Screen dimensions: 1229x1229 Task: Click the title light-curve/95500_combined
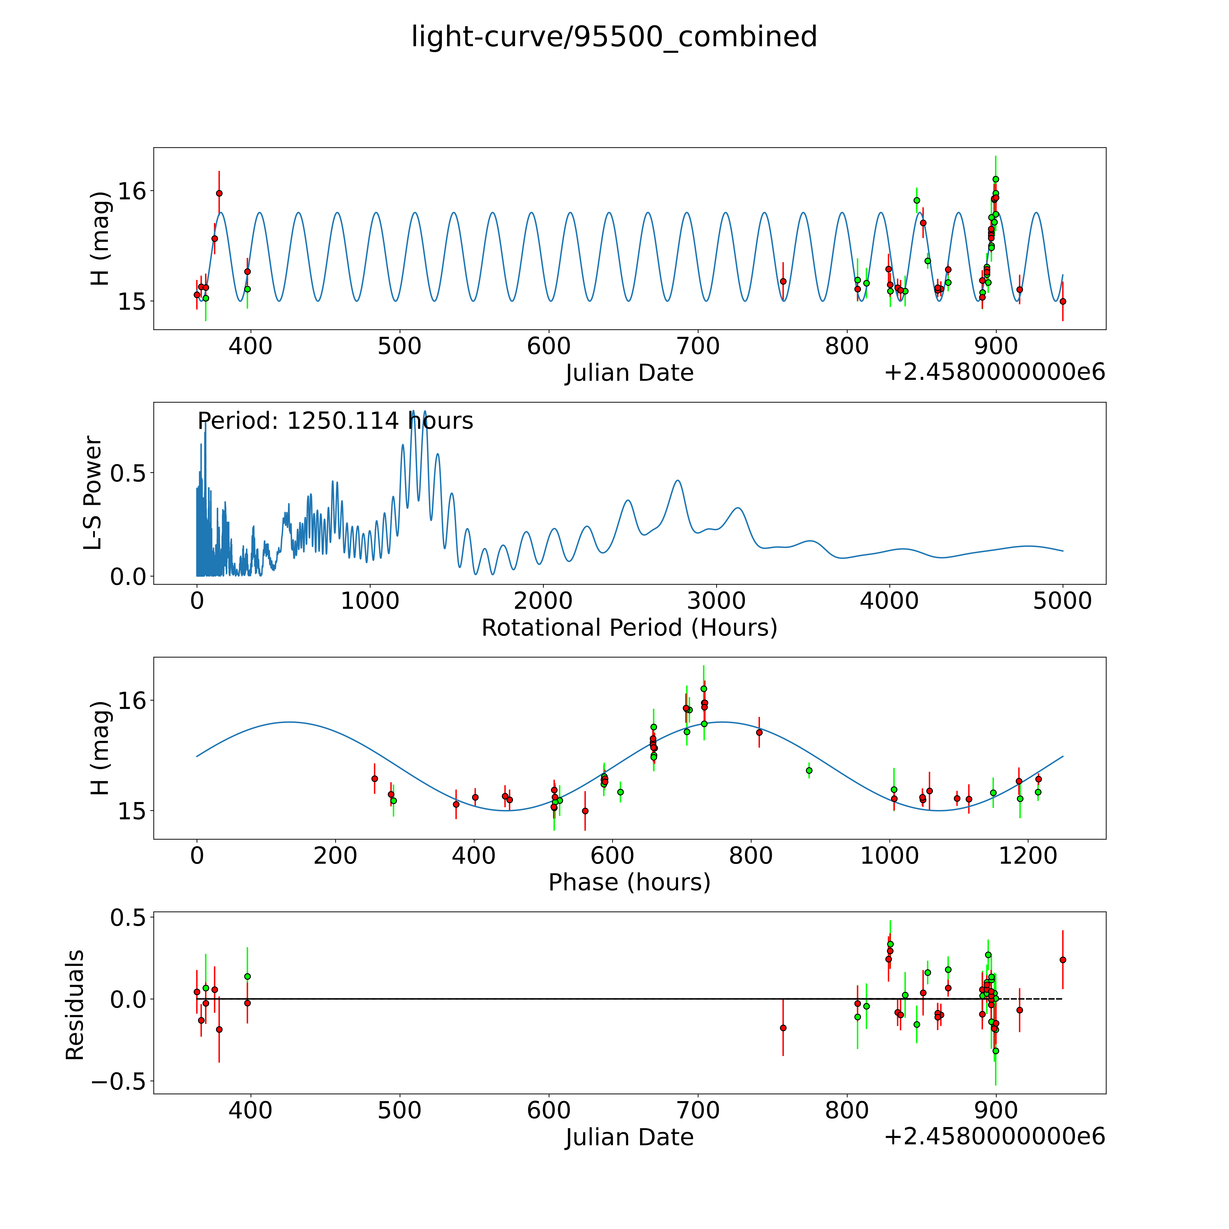(x=614, y=37)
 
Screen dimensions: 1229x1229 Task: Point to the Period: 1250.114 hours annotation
(x=335, y=421)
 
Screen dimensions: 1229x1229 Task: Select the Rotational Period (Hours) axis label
(x=629, y=628)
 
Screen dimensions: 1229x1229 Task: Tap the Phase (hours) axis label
(x=629, y=882)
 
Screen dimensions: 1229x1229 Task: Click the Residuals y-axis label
(x=75, y=1005)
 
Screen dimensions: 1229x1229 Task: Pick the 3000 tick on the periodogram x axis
(x=716, y=601)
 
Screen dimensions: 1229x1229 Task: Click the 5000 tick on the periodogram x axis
(x=1062, y=601)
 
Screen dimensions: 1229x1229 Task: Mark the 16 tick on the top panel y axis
(x=132, y=191)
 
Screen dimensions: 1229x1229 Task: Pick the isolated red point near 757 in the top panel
(x=783, y=281)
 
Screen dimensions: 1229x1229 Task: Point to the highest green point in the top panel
(x=995, y=179)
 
